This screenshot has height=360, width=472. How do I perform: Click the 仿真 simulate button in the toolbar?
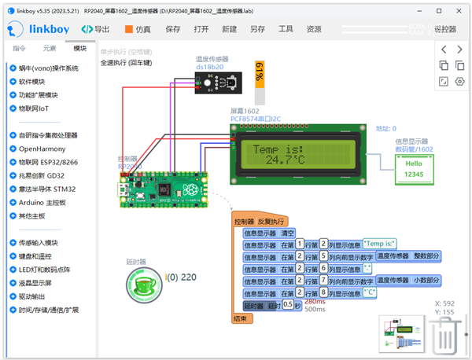(137, 29)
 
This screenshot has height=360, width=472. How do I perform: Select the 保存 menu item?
(173, 29)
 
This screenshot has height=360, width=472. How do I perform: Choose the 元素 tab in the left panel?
(50, 49)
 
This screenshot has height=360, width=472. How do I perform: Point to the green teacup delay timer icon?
(146, 285)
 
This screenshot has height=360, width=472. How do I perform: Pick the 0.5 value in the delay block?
(287, 305)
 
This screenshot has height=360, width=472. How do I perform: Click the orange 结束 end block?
(241, 318)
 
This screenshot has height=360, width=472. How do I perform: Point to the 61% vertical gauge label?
(259, 79)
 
